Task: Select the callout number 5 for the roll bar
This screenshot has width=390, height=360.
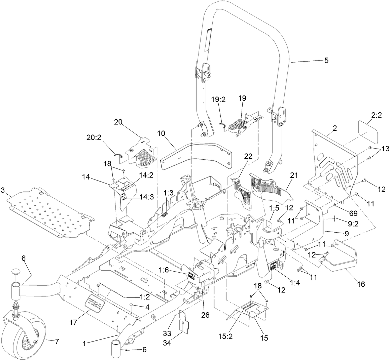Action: pos(326,61)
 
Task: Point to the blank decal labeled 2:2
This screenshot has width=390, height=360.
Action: pos(365,132)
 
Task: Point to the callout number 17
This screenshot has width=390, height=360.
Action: pos(73,322)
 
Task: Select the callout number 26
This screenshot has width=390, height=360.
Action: pos(205,315)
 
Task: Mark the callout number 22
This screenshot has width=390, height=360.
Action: pos(248,157)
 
